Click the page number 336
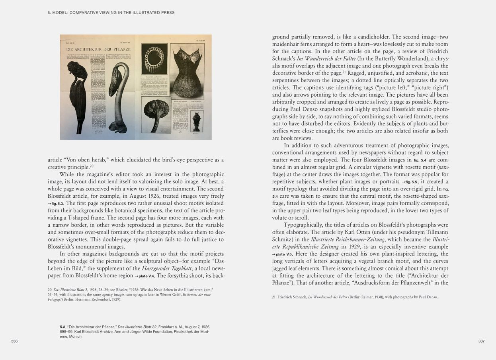pos(14,341)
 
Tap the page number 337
pos(481,341)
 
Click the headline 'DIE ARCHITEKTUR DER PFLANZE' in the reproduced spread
pos(98,49)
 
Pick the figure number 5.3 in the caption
pos(62,327)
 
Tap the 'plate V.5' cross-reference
pos(284,254)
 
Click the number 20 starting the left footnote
pos(50,290)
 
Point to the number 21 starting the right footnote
pos(274,297)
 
